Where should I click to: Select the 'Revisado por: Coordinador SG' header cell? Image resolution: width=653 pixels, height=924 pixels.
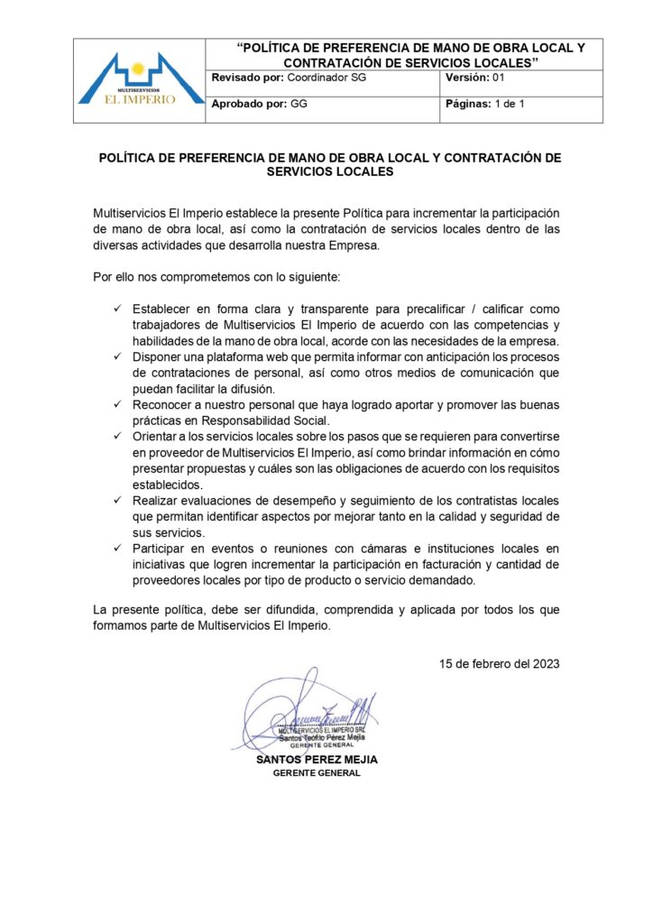coord(289,79)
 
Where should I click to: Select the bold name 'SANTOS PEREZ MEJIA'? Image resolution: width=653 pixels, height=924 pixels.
coord(317,760)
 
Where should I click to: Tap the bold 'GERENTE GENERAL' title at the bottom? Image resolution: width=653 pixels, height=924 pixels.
coord(317,773)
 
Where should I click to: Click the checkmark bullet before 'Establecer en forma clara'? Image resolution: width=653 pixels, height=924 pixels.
coord(116,309)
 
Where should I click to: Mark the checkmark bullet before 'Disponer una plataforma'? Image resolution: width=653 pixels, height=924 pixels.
coord(116,357)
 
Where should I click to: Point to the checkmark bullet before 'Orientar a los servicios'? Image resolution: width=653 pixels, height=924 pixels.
coord(116,436)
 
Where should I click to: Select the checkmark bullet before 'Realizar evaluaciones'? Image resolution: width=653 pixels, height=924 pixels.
coord(116,501)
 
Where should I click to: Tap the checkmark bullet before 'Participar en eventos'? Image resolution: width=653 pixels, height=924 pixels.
coord(116,549)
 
